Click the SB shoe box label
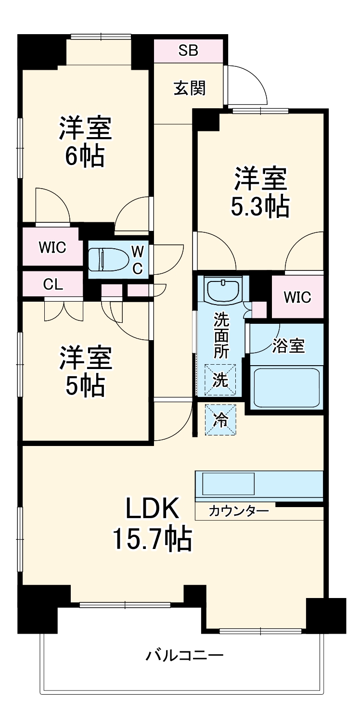pyautogui.click(x=188, y=51)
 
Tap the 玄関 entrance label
pyautogui.click(x=189, y=88)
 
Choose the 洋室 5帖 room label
pyautogui.click(x=85, y=371)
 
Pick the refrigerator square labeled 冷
pyautogui.click(x=221, y=420)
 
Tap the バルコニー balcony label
pyautogui.click(x=185, y=655)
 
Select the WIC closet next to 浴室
pyautogui.click(x=297, y=297)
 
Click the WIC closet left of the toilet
pyautogui.click(x=52, y=248)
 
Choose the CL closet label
pyautogui.click(x=53, y=284)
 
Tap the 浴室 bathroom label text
pyautogui.click(x=288, y=346)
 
